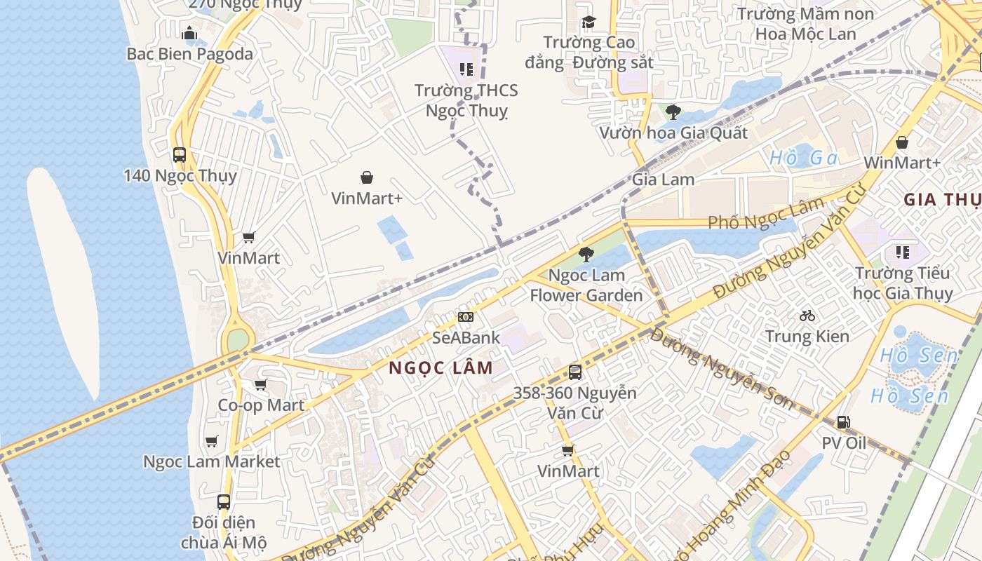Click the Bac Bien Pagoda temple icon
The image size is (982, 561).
coord(189,33)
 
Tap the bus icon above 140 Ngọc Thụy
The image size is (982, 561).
coord(180,154)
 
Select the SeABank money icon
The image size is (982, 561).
coord(466,317)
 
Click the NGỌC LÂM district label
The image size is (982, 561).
coord(440,367)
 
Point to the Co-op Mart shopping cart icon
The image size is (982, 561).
coord(261,384)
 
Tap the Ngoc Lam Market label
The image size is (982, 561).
coord(211,461)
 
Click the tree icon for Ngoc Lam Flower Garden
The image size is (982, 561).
coord(586,254)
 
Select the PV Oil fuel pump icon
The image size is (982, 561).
coord(843,422)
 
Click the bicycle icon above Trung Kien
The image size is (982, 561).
coord(807,316)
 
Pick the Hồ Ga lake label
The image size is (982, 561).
coord(804,158)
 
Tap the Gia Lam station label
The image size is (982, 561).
coord(663,180)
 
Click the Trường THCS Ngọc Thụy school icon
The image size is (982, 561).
coord(466,69)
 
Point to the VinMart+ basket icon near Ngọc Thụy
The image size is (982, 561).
coord(366,177)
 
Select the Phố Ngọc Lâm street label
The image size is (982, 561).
coord(766,214)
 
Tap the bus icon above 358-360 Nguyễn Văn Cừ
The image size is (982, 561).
coord(575,372)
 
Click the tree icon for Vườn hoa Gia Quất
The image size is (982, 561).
coord(673,111)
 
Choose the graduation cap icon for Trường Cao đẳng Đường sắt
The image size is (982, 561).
coord(588,22)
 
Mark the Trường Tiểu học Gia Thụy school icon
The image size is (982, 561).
coord(902,252)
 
